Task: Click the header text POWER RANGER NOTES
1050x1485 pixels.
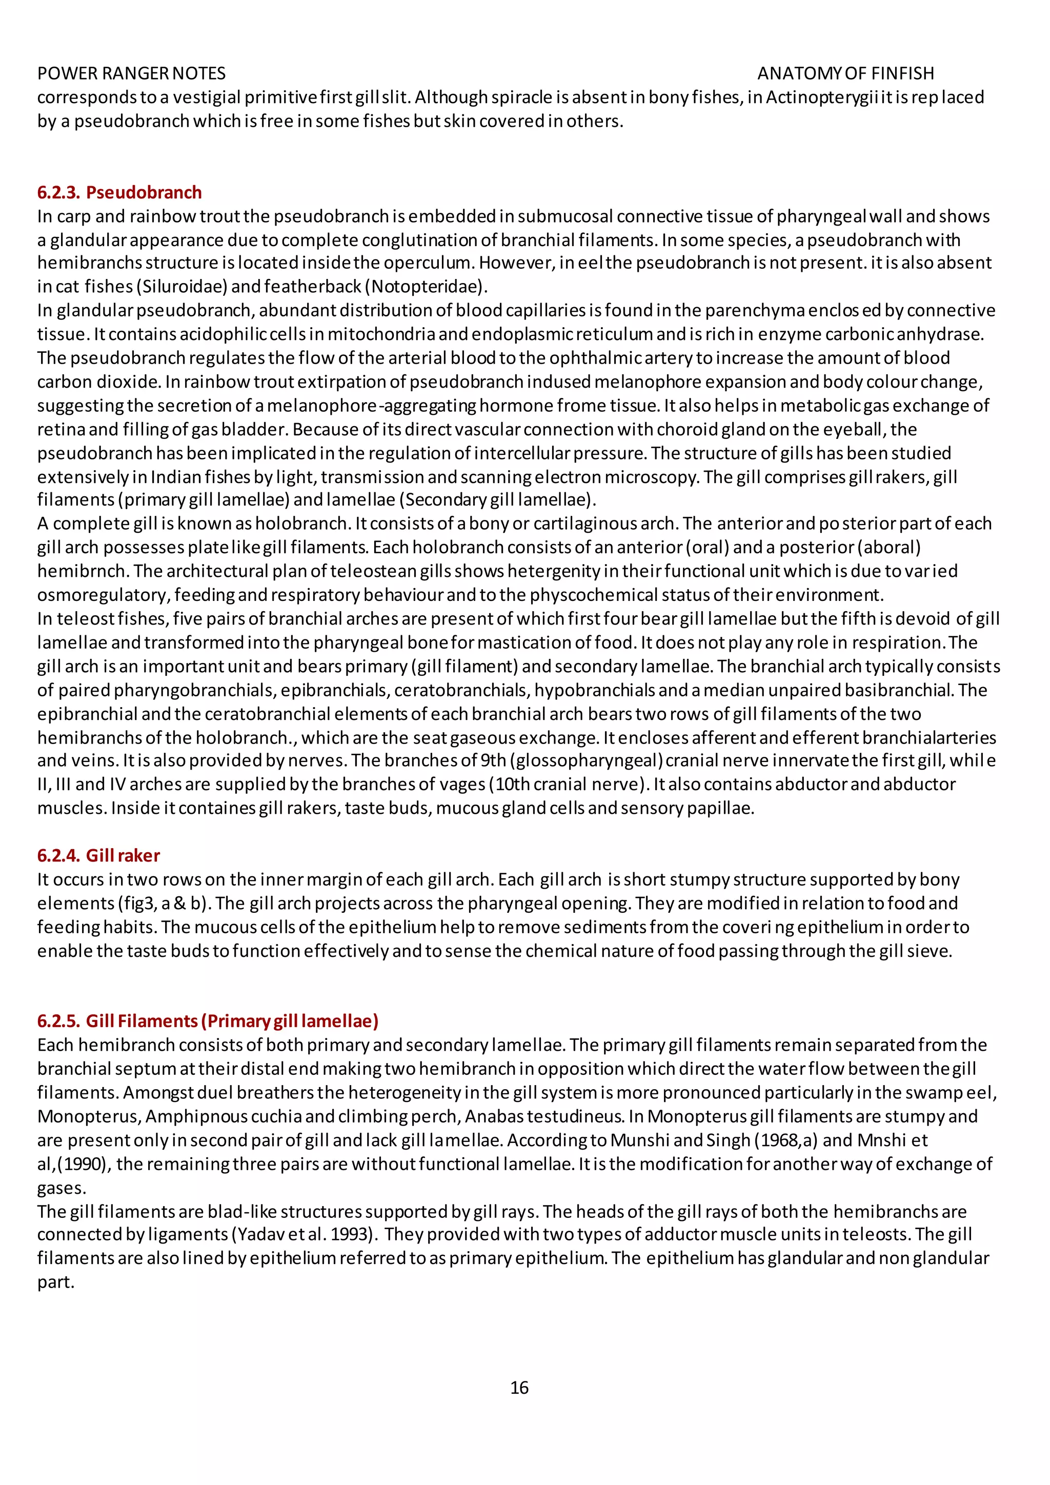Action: [131, 73]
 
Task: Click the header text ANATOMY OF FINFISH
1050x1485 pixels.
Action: [845, 73]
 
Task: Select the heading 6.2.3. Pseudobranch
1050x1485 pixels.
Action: [119, 192]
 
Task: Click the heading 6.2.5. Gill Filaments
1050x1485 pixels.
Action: [208, 1020]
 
